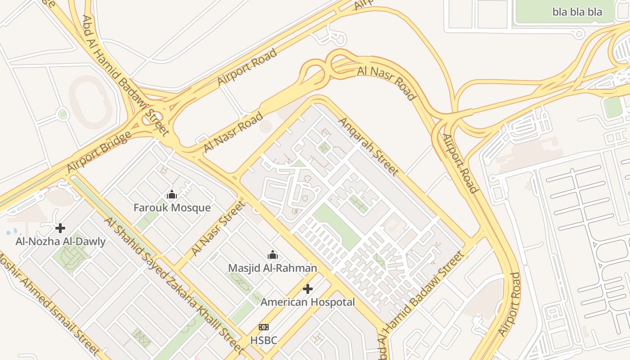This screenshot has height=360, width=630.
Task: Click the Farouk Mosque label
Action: point(172,207)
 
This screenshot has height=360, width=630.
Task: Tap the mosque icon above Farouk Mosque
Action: point(172,195)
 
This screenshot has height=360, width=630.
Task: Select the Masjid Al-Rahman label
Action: point(272,268)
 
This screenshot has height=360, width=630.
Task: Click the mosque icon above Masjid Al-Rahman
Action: point(272,255)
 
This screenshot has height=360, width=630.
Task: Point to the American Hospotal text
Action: point(308,302)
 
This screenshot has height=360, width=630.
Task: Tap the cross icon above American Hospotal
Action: point(308,289)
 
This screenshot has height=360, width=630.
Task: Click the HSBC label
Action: point(264,340)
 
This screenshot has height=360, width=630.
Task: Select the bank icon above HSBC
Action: point(264,327)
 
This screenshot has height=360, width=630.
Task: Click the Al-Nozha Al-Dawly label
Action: point(60,241)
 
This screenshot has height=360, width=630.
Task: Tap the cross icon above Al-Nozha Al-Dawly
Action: point(60,228)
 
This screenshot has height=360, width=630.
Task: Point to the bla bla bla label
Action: point(577,12)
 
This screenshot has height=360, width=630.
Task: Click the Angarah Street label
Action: point(368,146)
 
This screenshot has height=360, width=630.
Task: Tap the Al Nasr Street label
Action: point(219,228)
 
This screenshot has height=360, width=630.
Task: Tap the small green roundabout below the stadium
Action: point(63,114)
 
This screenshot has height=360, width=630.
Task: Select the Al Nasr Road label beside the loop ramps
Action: point(386,83)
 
